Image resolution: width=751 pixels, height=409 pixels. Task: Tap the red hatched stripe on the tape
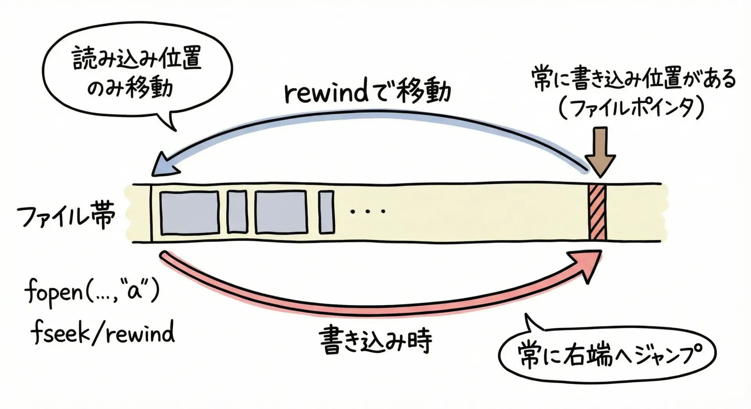click(597, 213)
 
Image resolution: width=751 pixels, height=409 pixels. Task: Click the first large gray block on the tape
click(190, 213)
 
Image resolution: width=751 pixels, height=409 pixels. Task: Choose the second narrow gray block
click(237, 212)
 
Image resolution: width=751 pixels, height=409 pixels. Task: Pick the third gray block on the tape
click(281, 212)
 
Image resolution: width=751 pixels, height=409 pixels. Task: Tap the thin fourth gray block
click(326, 212)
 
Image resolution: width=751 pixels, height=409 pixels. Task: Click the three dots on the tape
click(368, 211)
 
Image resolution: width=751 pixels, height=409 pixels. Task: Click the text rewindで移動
click(368, 93)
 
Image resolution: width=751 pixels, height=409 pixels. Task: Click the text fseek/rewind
click(103, 334)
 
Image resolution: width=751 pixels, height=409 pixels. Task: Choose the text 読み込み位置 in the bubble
click(137, 60)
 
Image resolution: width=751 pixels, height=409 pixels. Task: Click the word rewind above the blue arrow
click(327, 93)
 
